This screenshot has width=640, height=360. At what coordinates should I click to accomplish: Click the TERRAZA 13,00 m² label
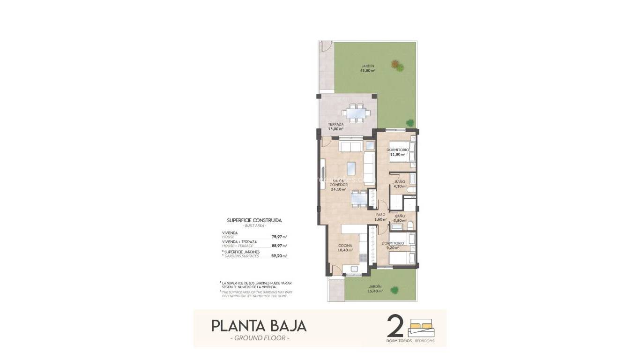[x=335, y=127]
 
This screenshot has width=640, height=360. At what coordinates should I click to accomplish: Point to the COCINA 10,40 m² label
[x=345, y=248]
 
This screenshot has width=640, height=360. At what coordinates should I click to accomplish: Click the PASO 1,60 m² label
[x=381, y=217]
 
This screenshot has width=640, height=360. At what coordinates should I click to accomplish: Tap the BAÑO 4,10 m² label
[x=400, y=184]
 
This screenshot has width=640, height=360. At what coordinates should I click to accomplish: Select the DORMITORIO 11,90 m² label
[x=398, y=152]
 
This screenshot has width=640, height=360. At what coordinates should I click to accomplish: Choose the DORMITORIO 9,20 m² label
[x=393, y=245]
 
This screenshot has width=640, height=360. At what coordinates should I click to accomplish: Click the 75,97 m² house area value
[x=279, y=237]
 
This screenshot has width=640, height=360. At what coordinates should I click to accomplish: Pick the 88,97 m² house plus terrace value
[x=279, y=246]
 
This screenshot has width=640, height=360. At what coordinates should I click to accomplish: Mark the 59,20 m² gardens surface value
[x=279, y=256]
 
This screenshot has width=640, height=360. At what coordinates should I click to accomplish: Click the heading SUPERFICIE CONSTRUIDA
[x=254, y=220]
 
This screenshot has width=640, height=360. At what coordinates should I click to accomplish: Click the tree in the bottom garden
[x=395, y=290]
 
